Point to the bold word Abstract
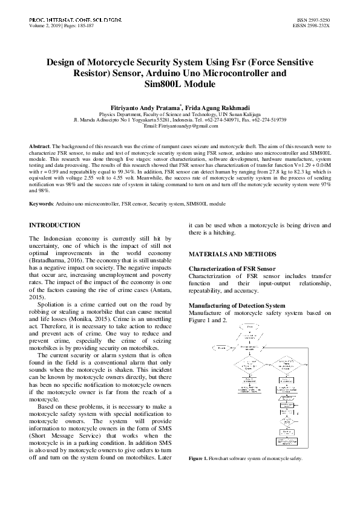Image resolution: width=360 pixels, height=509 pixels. click(x=40, y=148)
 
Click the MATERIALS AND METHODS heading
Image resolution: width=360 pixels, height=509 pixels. click(x=233, y=253)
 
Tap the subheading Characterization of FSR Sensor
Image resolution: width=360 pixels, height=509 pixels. click(x=232, y=268)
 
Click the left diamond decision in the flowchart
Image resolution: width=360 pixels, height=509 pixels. click(x=249, y=365)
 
